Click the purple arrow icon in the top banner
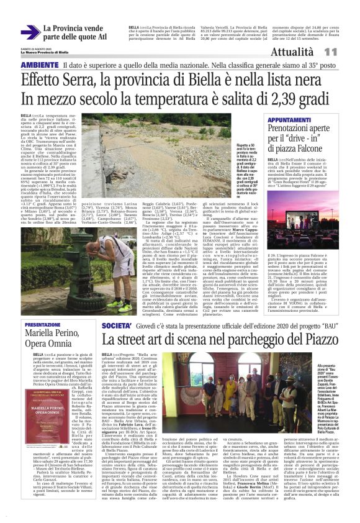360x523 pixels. (30, 32)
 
